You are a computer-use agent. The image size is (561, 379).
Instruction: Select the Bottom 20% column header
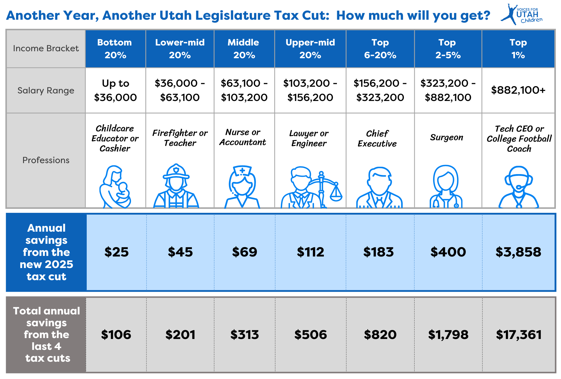(x=115, y=49)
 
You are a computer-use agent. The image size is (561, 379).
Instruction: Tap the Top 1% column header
(x=518, y=49)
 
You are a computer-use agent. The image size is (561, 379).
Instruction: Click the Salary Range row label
(x=46, y=90)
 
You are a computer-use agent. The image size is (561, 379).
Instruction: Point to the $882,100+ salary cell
(x=518, y=90)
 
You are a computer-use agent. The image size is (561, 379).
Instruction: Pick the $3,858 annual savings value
(x=518, y=252)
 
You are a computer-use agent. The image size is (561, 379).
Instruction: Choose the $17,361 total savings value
(x=519, y=335)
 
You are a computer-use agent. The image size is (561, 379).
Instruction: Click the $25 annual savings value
(x=116, y=252)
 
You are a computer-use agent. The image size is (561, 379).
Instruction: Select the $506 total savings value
(x=311, y=335)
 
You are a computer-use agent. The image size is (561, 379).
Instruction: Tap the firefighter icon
(x=176, y=186)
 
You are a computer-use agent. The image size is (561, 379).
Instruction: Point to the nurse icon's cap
(x=242, y=171)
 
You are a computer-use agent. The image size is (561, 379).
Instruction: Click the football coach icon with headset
(x=519, y=187)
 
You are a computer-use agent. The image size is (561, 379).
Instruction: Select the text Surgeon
(x=446, y=137)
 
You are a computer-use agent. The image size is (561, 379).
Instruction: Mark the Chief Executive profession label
(x=377, y=139)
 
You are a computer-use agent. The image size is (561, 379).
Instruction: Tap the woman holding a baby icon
(x=115, y=187)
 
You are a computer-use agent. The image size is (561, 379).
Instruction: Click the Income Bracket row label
(x=46, y=49)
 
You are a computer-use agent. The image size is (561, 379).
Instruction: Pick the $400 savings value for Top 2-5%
(x=448, y=252)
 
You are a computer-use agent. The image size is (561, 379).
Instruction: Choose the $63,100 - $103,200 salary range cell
(x=244, y=90)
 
